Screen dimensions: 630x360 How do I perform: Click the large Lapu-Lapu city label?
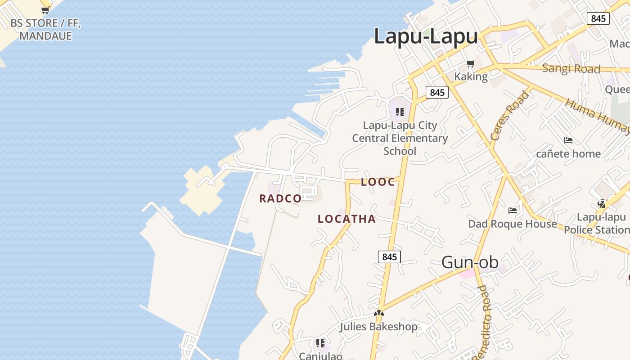pyautogui.click(x=425, y=36)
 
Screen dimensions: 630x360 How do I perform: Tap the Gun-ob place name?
pyautogui.click(x=469, y=262)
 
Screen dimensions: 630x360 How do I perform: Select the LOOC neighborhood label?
pyautogui.click(x=378, y=182)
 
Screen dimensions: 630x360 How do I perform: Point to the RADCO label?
pyautogui.click(x=280, y=198)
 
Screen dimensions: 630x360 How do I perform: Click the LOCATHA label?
pyautogui.click(x=346, y=219)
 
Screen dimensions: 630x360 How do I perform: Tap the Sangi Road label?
pyautogui.click(x=571, y=68)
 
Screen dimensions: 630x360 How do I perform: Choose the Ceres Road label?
pyautogui.click(x=509, y=115)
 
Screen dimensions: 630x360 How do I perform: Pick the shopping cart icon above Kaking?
pyautogui.click(x=470, y=64)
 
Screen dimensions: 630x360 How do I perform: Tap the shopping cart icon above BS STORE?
pyautogui.click(x=45, y=10)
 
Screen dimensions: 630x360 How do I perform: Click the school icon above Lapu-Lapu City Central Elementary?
pyautogui.click(x=400, y=112)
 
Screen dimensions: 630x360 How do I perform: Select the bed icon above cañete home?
pyautogui.click(x=568, y=140)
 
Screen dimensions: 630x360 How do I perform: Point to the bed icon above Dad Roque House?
pyautogui.click(x=512, y=210)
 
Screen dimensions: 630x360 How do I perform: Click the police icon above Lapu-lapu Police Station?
pyautogui.click(x=602, y=204)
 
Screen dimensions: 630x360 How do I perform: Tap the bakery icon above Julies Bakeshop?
pyautogui.click(x=379, y=313)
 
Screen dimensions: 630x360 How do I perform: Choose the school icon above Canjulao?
pyautogui.click(x=320, y=344)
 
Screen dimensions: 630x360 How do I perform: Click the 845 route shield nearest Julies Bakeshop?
pyautogui.click(x=389, y=257)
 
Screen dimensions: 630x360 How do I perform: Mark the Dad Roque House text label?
pyautogui.click(x=513, y=224)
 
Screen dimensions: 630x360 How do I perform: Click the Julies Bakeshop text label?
pyautogui.click(x=378, y=326)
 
